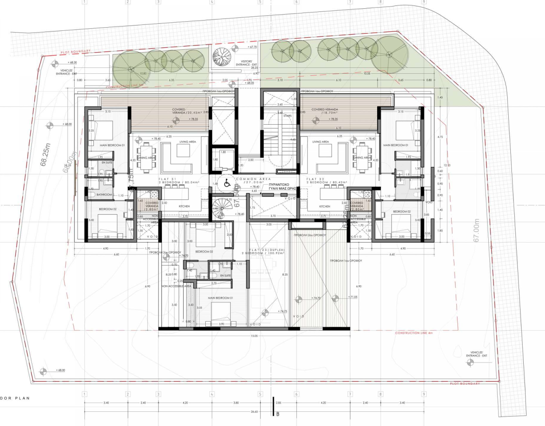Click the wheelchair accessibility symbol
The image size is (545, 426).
click(227, 183)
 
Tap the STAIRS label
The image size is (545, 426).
click(288, 116)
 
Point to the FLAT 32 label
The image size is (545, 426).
click(315, 179)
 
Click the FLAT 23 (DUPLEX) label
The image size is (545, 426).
click(267, 250)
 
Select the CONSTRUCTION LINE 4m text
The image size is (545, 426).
click(414, 333)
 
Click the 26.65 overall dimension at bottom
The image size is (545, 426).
click(254, 411)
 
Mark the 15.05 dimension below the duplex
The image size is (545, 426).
click(254, 336)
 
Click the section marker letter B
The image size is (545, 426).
click(278, 414)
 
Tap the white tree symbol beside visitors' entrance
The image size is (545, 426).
click(222, 56)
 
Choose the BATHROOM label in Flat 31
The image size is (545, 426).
click(104, 194)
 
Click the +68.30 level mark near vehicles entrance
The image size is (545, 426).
click(72, 62)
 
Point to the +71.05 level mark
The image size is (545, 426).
click(353, 297)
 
